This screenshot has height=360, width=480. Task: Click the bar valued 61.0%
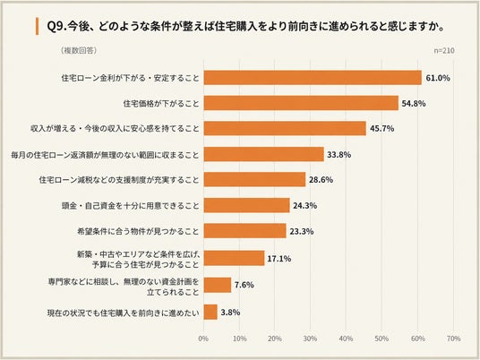pyautogui.click(x=313, y=77)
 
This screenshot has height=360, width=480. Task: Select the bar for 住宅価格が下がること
pyautogui.click(x=301, y=103)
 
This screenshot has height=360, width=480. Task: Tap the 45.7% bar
pyautogui.click(x=285, y=128)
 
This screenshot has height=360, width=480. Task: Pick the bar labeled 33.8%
pyautogui.click(x=264, y=154)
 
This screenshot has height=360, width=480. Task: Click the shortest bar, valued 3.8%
pyautogui.click(x=210, y=312)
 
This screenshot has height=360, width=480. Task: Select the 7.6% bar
pyautogui.click(x=218, y=285)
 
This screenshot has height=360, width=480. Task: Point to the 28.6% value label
pyautogui.click(x=321, y=180)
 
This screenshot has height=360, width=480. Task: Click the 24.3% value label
pyautogui.click(x=304, y=205)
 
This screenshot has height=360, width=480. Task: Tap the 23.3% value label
pyautogui.click(x=302, y=231)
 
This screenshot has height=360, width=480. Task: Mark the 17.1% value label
pyautogui.click(x=279, y=259)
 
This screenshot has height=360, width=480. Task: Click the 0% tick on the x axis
pyautogui.click(x=203, y=339)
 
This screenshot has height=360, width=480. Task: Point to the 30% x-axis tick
pyautogui.click(x=310, y=339)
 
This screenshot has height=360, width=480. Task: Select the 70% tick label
pyautogui.click(x=453, y=339)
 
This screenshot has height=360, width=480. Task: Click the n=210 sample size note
pyautogui.click(x=444, y=50)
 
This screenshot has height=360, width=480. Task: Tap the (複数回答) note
pyautogui.click(x=79, y=50)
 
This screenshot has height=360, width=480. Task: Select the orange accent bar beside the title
pyautogui.click(x=37, y=26)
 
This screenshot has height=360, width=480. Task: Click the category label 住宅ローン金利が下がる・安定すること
pyautogui.click(x=131, y=78)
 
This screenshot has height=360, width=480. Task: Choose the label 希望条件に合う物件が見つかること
pyautogui.click(x=138, y=231)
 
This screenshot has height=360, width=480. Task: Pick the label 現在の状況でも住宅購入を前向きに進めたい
pyautogui.click(x=123, y=313)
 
